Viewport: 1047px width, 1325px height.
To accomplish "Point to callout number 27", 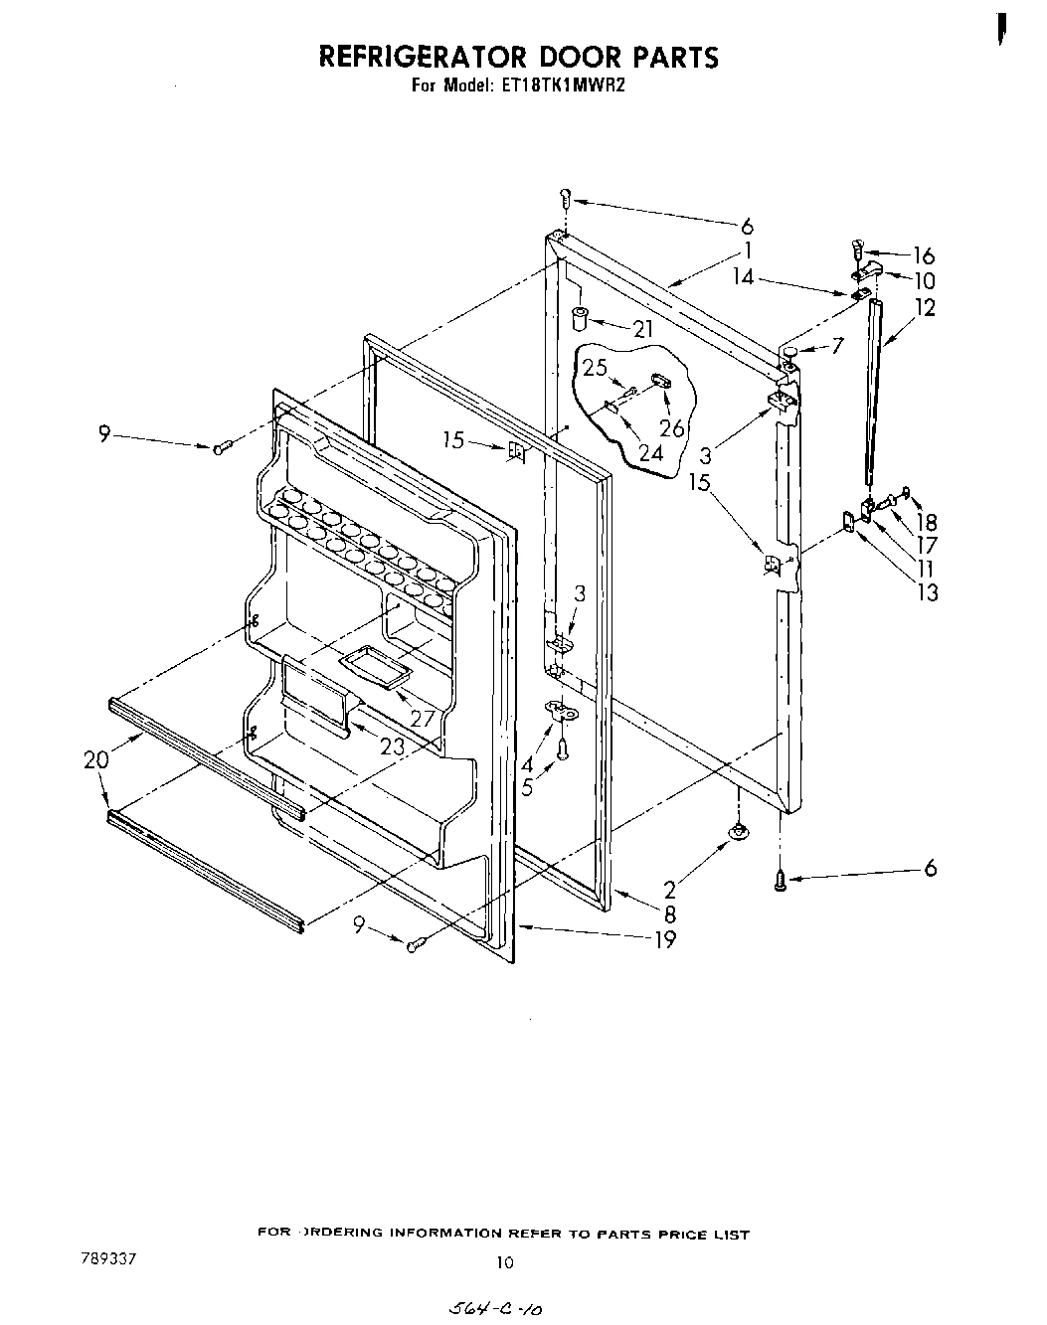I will pos(424,717).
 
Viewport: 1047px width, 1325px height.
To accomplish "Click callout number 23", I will pos(392,745).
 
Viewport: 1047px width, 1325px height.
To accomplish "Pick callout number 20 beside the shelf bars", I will pos(96,759).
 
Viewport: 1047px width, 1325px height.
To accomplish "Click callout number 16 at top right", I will pos(924,254).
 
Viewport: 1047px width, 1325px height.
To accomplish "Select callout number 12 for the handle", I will pos(925,307).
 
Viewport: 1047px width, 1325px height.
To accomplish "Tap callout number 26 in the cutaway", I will pos(672,427).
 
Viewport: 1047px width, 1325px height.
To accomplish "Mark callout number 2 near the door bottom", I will pos(670,891).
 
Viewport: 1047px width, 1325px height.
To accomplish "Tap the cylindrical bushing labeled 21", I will pos(580,318).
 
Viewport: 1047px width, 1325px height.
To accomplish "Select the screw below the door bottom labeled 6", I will pos(781,878).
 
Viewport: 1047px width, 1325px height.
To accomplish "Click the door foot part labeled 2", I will pos(738,833).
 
